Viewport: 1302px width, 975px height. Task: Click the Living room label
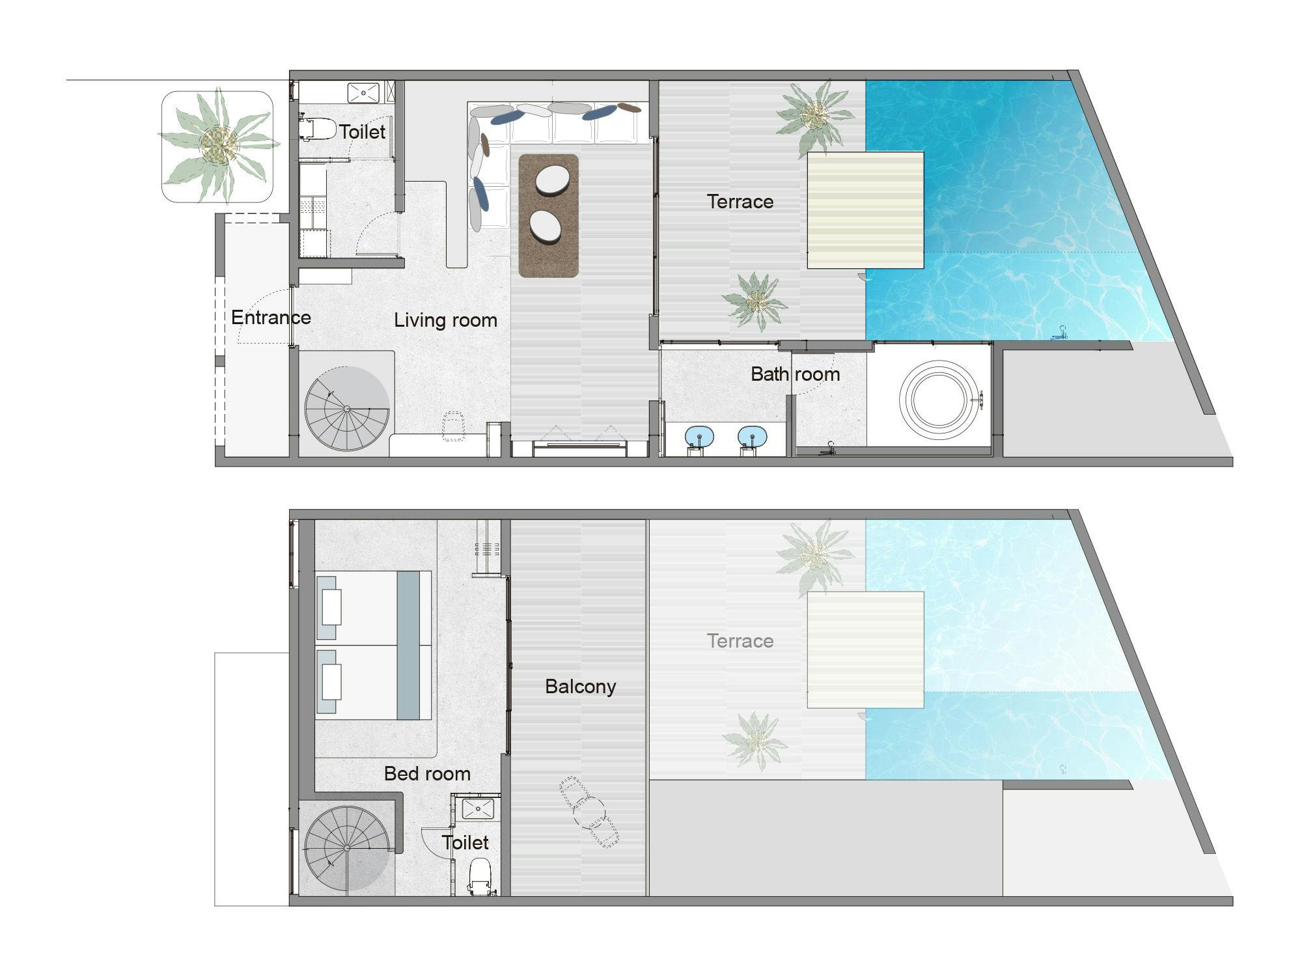point(445,320)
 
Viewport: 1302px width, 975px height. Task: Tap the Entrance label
point(271,318)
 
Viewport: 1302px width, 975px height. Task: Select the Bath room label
point(795,374)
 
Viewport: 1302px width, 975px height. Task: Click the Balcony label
point(580,687)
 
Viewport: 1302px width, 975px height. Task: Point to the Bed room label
point(427,773)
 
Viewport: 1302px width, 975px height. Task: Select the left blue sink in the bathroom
point(699,435)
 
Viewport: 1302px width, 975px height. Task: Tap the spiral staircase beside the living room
point(347,409)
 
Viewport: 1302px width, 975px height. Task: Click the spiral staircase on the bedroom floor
point(347,849)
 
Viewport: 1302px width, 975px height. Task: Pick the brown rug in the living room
point(548,216)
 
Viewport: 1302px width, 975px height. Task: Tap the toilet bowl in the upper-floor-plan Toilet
point(317,128)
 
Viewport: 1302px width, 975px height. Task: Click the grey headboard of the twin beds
point(408,645)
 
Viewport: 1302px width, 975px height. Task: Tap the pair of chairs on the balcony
point(589,813)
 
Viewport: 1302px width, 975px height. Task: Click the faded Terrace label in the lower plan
point(740,641)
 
